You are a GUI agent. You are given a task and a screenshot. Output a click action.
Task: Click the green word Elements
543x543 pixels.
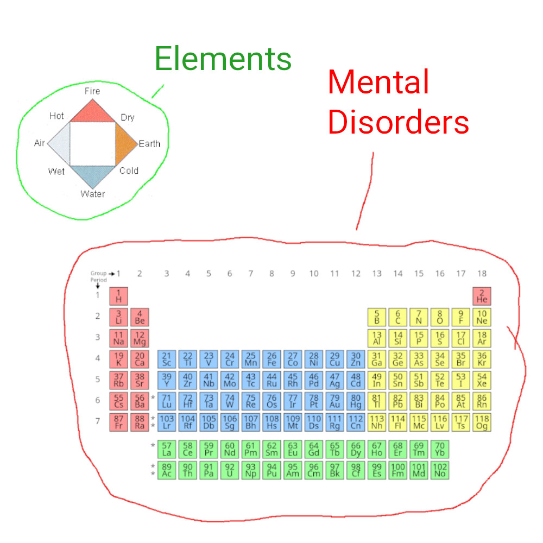(223, 59)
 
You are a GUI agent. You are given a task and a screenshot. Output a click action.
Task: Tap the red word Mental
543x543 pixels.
(378, 83)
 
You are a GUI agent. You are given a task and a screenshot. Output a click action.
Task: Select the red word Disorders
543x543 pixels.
(399, 123)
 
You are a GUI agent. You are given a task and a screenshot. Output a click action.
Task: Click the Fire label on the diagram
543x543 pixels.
(92, 91)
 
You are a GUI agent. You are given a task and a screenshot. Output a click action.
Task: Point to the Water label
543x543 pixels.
(93, 194)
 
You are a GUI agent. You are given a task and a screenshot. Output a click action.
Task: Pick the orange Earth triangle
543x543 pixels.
(124, 144)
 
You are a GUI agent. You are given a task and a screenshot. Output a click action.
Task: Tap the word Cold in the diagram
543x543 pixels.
(129, 171)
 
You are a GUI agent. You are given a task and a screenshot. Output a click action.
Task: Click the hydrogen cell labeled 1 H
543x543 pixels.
(118, 296)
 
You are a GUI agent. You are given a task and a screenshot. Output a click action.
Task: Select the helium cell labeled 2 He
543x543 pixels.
(482, 296)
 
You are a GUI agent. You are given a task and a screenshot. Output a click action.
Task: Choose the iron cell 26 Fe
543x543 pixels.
(272, 359)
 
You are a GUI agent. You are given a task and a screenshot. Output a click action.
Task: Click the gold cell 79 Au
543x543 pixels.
(334, 401)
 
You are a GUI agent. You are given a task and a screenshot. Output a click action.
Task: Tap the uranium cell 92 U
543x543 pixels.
(230, 470)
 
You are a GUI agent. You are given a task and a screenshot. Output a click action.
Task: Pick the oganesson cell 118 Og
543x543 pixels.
(482, 422)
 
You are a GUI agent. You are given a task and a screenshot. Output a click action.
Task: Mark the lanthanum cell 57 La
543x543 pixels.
(167, 449)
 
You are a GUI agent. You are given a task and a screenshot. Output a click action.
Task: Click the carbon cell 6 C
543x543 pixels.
(397, 317)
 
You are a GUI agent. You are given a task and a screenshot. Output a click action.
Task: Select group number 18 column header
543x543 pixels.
(482, 274)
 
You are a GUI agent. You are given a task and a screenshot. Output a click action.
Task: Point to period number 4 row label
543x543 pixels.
(98, 358)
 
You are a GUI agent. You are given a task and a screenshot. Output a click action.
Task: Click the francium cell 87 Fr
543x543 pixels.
(118, 422)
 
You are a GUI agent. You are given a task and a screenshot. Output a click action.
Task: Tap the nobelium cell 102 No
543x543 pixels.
(440, 470)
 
